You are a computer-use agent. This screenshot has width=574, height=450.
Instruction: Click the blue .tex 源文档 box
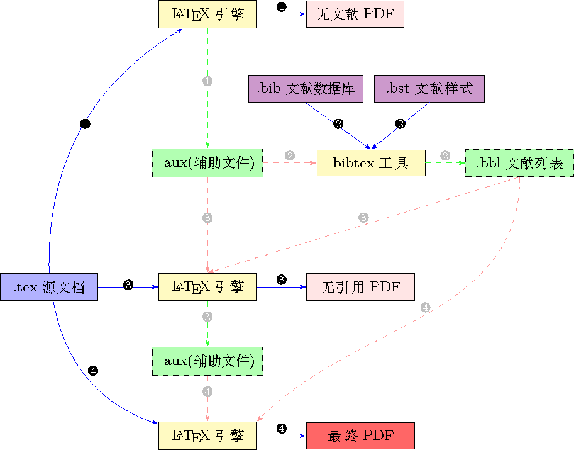coord(49,287)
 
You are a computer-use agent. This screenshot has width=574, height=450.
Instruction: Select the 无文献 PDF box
coord(355,14)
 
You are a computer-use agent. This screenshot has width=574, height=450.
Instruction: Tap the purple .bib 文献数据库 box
coord(306,89)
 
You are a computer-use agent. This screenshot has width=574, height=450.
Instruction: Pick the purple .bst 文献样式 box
coord(429,89)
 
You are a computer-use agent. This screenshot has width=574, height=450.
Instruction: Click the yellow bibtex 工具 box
coord(371,163)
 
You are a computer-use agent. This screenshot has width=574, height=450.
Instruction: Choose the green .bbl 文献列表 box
coord(519,163)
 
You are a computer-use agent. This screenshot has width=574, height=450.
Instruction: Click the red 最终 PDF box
coord(360,436)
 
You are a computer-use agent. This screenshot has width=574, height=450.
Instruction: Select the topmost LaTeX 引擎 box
coord(207,14)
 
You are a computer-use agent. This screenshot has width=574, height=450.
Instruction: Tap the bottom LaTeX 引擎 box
coord(207,436)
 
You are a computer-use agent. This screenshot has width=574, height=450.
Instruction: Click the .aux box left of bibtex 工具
coord(207,163)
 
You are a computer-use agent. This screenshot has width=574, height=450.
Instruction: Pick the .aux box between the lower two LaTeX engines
coord(207,361)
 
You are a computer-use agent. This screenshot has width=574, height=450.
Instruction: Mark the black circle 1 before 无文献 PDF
coord(281,7)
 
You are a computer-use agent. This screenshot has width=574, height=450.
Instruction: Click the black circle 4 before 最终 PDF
coord(281,429)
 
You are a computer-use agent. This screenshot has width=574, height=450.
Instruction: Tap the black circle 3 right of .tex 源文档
coord(128,285)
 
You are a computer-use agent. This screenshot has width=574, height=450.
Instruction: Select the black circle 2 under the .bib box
coord(338,124)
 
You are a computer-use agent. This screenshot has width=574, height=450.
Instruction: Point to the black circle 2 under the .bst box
coord(400,124)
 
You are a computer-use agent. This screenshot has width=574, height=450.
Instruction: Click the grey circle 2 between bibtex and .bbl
coord(445,155)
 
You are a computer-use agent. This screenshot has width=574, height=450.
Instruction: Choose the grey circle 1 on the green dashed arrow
coord(207,81)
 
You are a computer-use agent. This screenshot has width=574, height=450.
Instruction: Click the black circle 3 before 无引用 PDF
coord(281,279)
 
